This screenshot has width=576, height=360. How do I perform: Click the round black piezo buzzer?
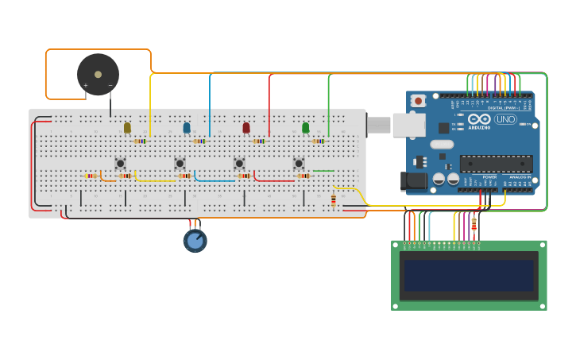98,75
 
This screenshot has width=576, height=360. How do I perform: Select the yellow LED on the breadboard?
127,127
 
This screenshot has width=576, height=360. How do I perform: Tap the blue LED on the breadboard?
187,127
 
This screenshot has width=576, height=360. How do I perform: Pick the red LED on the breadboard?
246,127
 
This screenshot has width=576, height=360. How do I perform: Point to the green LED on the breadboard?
305,127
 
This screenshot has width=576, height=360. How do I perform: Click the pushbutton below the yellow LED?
120,164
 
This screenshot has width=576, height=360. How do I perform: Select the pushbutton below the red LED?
239,164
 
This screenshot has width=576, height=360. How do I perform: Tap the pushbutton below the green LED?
299,164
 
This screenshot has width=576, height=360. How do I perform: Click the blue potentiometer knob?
195,240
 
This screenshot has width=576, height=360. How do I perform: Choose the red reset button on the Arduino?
417,101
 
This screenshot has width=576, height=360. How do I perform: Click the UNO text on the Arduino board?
505,119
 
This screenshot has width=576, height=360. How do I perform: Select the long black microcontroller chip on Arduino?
496,164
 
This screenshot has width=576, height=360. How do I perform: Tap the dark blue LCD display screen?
469,276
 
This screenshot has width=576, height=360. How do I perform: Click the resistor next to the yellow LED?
141,141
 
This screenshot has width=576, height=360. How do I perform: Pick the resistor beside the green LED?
319,141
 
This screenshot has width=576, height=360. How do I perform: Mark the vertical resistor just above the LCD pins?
474,225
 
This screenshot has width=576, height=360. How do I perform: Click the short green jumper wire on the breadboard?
323,170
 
